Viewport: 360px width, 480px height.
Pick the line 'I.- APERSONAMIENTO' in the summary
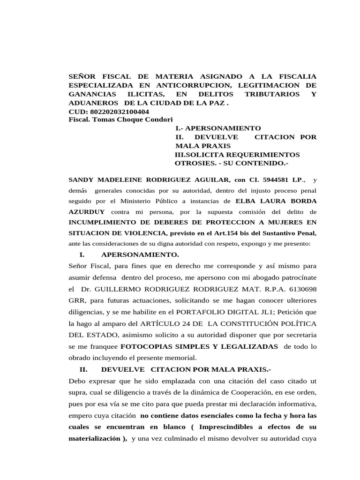217,128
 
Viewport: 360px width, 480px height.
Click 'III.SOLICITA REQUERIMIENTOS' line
237,154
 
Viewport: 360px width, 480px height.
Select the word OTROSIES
194,163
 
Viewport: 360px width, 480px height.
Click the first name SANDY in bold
81,180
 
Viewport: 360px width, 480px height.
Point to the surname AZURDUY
87,211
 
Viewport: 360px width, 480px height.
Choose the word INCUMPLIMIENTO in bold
101,222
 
